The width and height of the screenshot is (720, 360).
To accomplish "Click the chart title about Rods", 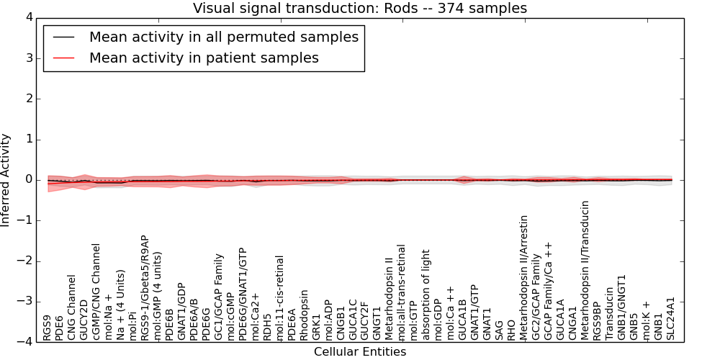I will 360,8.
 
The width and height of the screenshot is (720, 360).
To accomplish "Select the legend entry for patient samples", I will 204,58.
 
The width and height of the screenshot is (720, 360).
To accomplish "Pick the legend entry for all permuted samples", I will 223,37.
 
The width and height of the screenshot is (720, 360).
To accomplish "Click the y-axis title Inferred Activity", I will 6,180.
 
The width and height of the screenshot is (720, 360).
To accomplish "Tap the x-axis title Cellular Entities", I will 360,352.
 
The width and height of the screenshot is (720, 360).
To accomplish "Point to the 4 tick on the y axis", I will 31,18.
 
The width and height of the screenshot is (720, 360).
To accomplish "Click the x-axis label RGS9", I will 48,328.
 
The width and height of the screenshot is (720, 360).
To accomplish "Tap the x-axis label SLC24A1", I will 671,318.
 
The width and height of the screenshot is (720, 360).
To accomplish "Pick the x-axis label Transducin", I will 610,315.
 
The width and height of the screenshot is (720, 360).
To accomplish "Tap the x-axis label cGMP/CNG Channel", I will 96,291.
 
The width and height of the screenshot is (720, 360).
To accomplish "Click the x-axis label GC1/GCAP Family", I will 219,297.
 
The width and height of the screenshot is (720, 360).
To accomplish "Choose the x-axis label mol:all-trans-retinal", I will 402,292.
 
